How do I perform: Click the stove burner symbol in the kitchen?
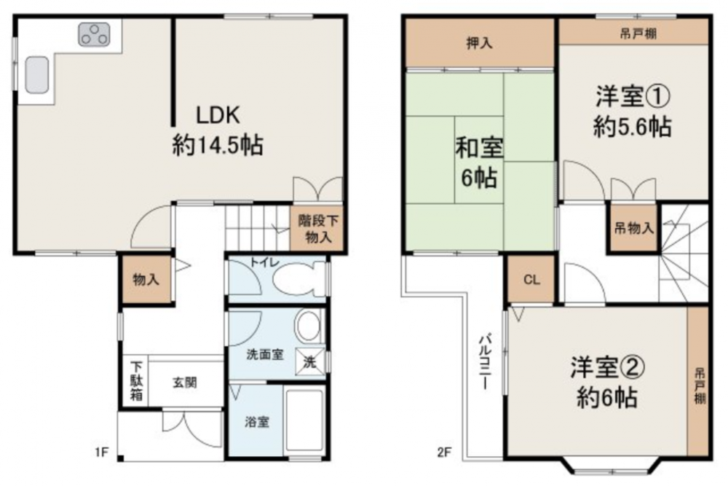click(94, 34)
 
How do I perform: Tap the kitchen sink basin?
click(36, 75)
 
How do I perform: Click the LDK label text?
click(218, 115)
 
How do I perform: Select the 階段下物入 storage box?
click(318, 228)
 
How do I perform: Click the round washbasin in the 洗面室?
click(309, 325)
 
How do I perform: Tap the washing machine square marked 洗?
click(310, 361)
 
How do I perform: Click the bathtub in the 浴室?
click(304, 420)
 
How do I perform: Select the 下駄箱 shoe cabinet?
click(136, 381)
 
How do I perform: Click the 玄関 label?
click(185, 383)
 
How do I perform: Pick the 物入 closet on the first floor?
click(146, 280)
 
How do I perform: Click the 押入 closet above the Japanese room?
click(480, 43)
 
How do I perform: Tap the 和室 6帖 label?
click(479, 162)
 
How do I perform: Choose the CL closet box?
click(531, 280)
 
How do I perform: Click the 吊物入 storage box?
click(633, 228)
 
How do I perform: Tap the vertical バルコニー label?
click(485, 360)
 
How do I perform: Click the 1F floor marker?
click(102, 452)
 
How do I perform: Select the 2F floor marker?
click(444, 452)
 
